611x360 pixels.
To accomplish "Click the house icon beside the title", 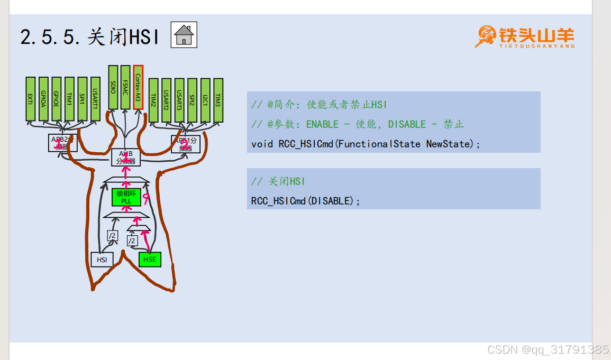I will pos(184,35).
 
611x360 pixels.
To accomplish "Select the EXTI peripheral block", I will pos(30,99).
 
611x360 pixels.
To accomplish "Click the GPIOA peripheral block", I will pos(43,99).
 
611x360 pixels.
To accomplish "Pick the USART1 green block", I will pos(95,99).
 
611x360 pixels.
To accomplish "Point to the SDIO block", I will pos(113,87).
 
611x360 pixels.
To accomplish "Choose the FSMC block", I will pos(125,87).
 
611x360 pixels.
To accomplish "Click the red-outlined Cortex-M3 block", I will pos(138,87).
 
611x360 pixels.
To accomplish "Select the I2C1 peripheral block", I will pos(205,100).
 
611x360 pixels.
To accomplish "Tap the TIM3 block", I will pos(218,100).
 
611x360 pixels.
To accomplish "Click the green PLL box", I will pos(126,197).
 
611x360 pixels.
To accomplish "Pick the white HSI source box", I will pos(102,260).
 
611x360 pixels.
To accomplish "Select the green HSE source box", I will pos(150,260).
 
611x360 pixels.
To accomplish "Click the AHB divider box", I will pos(126,158).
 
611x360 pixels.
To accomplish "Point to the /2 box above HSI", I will pos(112,236).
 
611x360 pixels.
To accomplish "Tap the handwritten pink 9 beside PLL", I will pos(145,197).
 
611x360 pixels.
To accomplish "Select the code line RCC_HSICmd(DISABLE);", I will pos(306,201).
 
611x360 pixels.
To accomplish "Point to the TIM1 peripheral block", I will pos(69,99).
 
